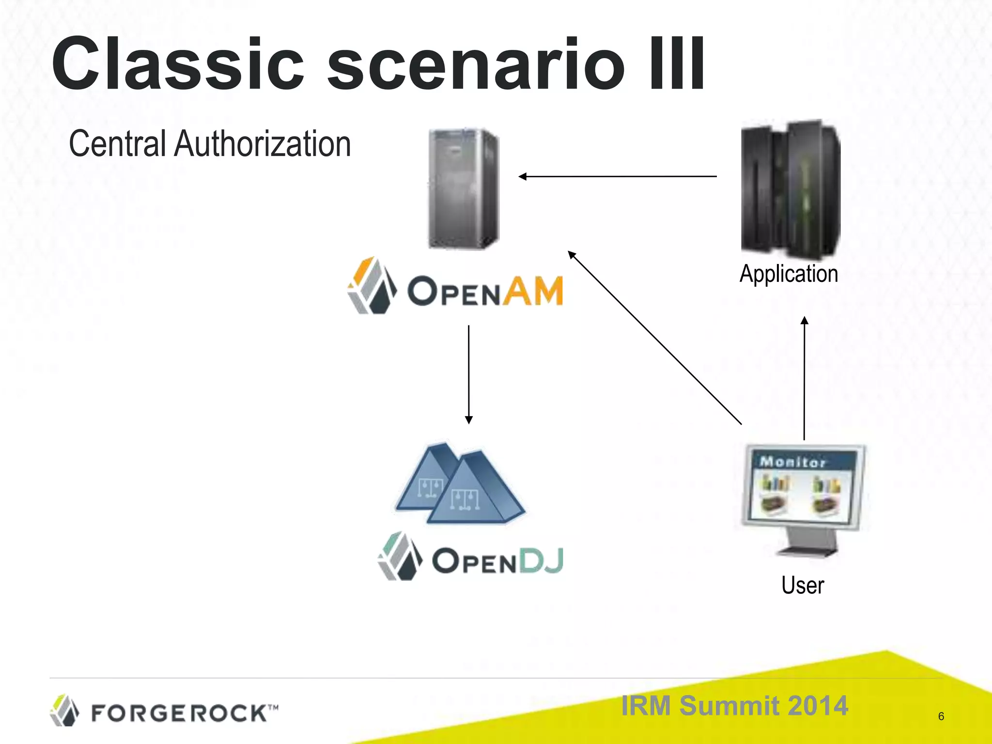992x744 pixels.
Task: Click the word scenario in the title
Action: pos(475,64)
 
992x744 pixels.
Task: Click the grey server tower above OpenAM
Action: pos(464,188)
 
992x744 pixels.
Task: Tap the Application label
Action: pos(789,274)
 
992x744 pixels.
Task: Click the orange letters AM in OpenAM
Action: pos(532,291)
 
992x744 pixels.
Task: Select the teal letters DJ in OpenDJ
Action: pos(541,561)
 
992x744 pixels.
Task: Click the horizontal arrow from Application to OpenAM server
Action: pos(618,177)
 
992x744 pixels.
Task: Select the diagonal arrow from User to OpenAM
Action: pos(654,338)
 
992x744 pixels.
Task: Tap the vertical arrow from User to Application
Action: pos(804,378)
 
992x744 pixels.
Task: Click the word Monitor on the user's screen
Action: pos(792,462)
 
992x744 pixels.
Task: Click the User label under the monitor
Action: pos(802,585)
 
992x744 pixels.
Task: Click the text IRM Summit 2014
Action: pos(734,705)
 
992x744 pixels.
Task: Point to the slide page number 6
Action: pos(941,716)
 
